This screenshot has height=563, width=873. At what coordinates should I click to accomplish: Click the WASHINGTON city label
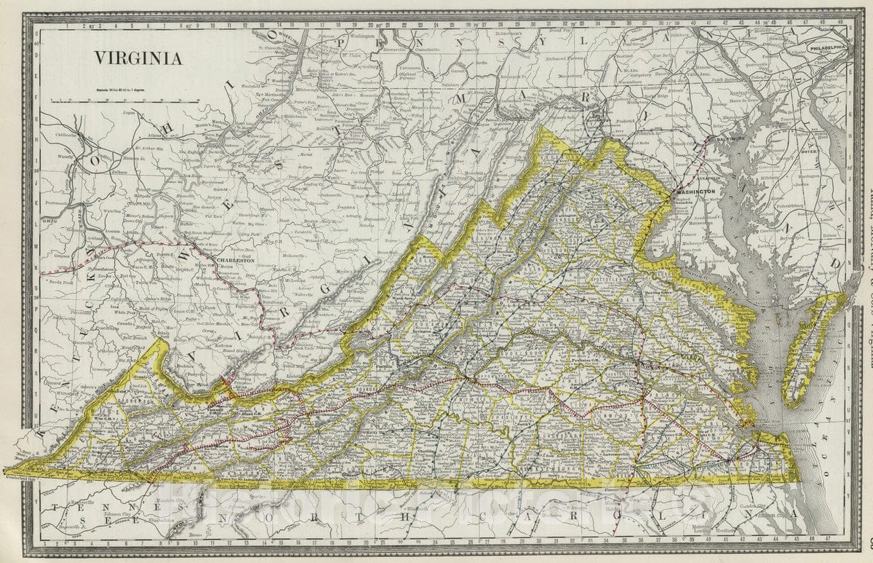point(696,192)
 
